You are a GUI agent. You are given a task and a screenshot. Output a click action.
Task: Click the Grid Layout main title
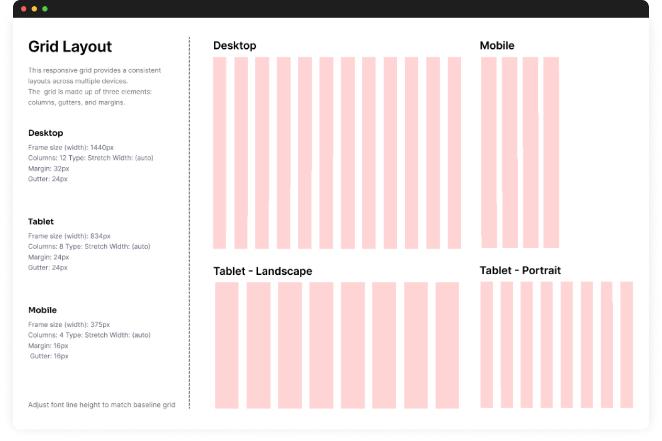[x=70, y=47]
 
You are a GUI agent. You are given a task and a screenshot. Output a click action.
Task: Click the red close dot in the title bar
[x=24, y=9]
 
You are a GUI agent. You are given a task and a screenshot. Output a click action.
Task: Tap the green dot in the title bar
[x=45, y=9]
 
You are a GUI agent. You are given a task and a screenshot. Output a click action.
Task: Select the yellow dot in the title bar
[x=34, y=9]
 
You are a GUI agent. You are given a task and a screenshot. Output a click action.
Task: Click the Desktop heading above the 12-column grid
[x=234, y=46]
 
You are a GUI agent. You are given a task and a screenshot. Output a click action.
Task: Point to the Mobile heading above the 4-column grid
[x=497, y=46]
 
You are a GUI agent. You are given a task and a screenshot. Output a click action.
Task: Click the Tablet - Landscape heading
[x=263, y=271]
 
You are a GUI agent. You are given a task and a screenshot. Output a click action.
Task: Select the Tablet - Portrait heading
[x=520, y=271]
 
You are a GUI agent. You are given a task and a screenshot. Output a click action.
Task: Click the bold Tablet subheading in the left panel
[x=41, y=222]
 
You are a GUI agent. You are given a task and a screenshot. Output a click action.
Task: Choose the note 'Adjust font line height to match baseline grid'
[x=102, y=405]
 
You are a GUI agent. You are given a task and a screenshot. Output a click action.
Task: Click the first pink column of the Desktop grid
[x=220, y=153]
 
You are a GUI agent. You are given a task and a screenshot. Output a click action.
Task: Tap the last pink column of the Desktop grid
[x=454, y=153]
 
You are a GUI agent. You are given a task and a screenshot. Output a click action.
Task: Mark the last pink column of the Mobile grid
[x=551, y=152]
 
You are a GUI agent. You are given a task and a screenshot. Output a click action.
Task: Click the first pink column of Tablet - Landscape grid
[x=227, y=345]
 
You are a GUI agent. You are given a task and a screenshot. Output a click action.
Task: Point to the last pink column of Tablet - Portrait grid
[x=626, y=345]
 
